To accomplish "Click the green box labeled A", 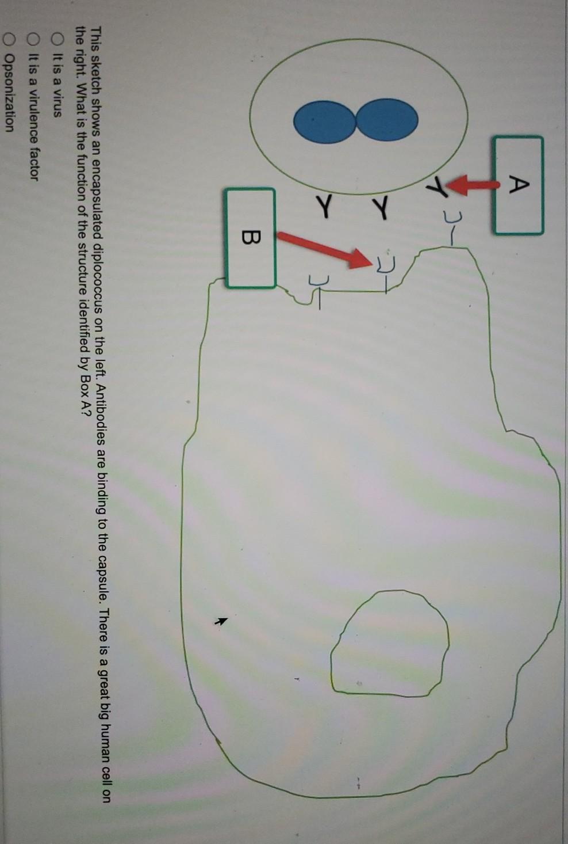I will (517, 185).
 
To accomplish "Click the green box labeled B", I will (251, 238).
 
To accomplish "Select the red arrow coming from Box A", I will (475, 185).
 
